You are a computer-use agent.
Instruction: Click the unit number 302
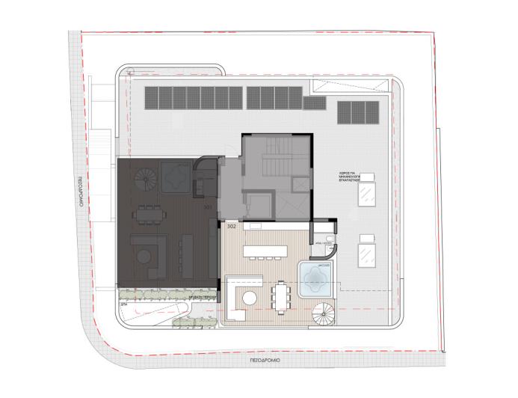tap(231, 224)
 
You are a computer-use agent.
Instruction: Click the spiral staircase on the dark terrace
tap(146, 179)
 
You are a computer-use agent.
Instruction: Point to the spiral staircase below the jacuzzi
tap(324, 315)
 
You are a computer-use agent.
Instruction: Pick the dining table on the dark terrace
tap(148, 214)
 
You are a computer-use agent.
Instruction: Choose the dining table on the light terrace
tap(282, 294)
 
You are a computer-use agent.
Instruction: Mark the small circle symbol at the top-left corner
tap(130, 73)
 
